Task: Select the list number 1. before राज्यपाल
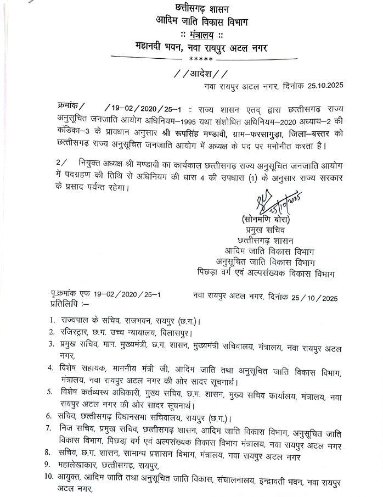pyautogui.click(x=51, y=320)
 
